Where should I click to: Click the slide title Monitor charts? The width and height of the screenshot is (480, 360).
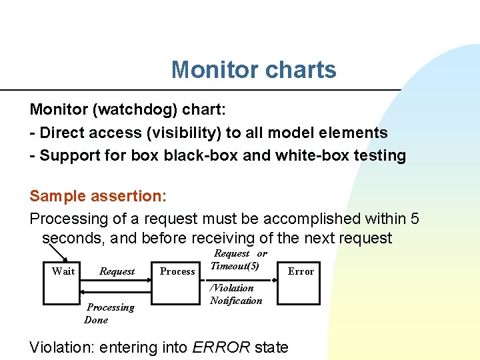point(253,69)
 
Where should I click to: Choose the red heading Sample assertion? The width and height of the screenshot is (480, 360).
point(97,196)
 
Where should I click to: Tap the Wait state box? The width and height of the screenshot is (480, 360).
point(63,271)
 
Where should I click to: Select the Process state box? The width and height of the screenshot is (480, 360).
point(177,271)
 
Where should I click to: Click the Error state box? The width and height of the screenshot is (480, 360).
point(300,271)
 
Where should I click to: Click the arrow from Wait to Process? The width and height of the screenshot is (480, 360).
point(117,281)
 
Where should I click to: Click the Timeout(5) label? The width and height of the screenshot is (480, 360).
point(235,265)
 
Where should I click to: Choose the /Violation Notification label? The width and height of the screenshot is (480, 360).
point(236,294)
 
